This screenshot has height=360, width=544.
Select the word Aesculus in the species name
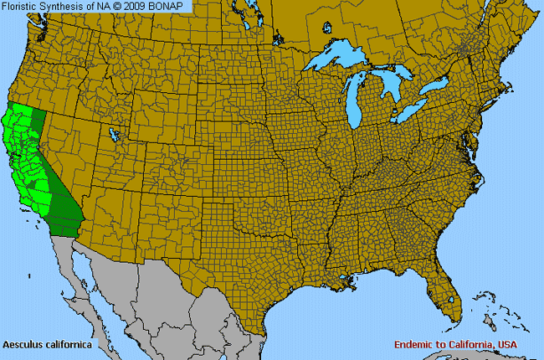[23, 344]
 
